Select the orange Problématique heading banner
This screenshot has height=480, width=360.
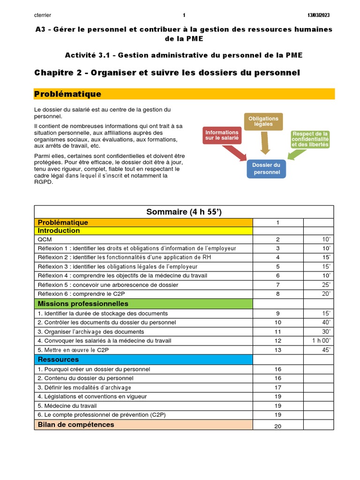point(184,94)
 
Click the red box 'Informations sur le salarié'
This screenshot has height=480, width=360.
point(222,135)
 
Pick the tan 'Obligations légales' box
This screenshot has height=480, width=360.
point(263,121)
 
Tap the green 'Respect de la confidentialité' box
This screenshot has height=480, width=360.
point(310,139)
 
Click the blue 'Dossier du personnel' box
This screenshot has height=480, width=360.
point(266,169)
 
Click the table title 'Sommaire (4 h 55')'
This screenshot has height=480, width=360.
point(184,212)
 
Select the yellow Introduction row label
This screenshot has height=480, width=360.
point(59,231)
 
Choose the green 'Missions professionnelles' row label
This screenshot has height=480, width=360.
point(83,304)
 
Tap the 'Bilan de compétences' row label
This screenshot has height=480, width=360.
point(76,425)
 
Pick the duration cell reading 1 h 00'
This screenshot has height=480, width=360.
point(321,341)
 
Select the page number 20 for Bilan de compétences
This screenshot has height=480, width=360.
point(278,426)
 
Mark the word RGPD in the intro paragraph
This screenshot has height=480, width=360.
point(44,182)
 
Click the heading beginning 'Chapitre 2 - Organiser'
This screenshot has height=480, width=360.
point(167,73)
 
